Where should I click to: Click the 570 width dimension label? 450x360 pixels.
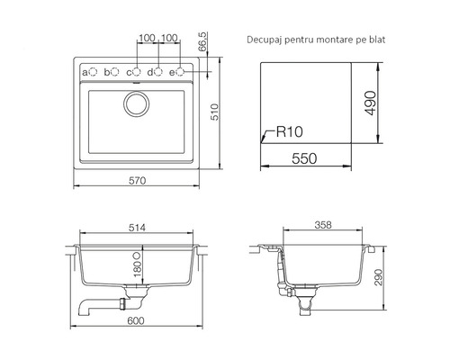pos(138,180)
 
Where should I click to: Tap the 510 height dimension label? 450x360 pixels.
pos(215,112)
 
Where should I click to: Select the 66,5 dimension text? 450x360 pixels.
pos(202,41)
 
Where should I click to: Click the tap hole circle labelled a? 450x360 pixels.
pos(94,72)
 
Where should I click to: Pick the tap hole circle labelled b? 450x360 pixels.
pos(115,72)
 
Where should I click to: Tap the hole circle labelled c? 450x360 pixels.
pos(137,72)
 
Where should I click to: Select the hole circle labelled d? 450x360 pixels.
pos(158,72)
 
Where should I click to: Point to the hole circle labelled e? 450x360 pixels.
pos(180,72)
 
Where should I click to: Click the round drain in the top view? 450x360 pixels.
pos(136,103)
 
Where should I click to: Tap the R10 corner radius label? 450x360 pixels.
pos(289,131)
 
